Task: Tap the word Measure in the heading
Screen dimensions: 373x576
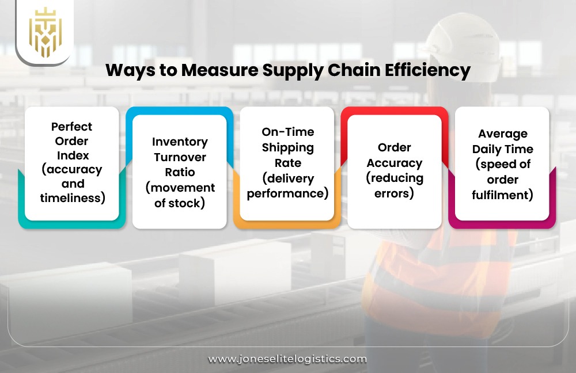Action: click(x=221, y=71)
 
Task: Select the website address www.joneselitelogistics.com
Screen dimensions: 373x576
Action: click(x=287, y=359)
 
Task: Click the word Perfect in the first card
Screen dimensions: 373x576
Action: click(x=71, y=126)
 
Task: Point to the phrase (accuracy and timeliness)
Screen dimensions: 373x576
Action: click(x=71, y=184)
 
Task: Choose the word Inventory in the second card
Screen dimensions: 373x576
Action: click(x=180, y=142)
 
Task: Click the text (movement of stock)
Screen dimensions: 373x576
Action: click(x=180, y=195)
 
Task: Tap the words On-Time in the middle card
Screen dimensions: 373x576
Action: click(x=287, y=132)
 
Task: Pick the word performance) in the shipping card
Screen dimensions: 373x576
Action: click(x=287, y=193)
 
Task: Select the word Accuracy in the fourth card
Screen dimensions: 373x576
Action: click(x=395, y=163)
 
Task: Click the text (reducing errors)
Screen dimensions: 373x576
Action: click(x=395, y=185)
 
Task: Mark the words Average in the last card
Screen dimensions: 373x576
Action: click(x=502, y=134)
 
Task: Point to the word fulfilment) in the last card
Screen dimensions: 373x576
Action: click(x=502, y=195)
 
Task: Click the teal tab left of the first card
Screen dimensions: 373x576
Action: click(x=22, y=196)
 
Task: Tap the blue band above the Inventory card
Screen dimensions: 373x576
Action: click(x=180, y=111)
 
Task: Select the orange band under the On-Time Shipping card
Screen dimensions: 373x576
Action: click(x=287, y=224)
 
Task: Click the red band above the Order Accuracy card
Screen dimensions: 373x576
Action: click(x=395, y=111)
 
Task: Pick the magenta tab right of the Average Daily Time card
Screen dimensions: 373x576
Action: click(x=552, y=196)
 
